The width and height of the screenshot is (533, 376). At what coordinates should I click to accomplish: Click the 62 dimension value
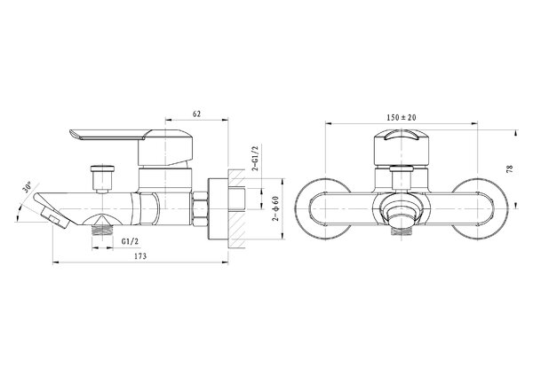point(196,114)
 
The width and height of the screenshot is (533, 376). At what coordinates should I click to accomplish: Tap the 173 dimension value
point(140,256)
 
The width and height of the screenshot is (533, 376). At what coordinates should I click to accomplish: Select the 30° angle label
point(28,187)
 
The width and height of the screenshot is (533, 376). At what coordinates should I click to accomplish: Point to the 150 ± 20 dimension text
point(402,117)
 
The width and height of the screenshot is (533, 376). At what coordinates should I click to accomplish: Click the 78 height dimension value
point(510,169)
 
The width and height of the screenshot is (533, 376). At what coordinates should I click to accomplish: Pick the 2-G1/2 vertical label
point(255,158)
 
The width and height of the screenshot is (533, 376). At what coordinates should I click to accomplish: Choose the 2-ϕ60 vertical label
point(275,208)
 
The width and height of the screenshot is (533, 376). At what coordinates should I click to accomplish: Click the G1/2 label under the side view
point(131,241)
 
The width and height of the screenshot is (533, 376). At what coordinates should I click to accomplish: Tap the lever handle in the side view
point(131,146)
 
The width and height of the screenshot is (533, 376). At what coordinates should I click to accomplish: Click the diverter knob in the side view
point(102,178)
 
